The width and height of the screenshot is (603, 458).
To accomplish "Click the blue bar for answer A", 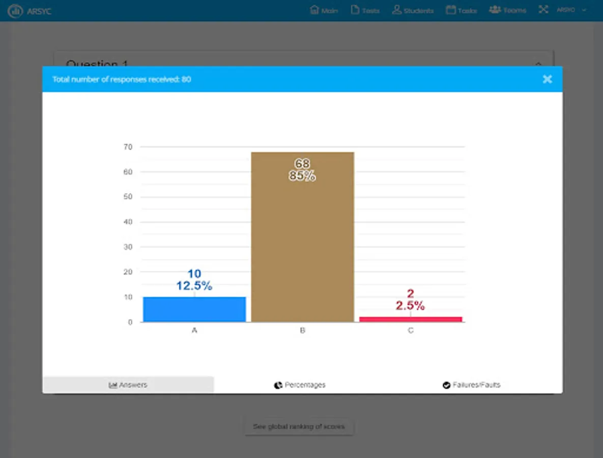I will (194, 309).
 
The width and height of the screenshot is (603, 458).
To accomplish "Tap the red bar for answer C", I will (411, 319).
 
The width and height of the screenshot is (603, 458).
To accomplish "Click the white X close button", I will (547, 79).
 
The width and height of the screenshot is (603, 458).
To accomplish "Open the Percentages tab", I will (300, 385).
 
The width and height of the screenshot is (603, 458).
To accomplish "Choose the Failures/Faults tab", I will (471, 385).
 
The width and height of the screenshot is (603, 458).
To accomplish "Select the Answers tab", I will (128, 385).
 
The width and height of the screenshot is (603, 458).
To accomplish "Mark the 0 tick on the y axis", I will (130, 322).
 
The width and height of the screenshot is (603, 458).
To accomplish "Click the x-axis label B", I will (302, 331).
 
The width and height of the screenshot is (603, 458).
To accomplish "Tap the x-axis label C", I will (411, 331).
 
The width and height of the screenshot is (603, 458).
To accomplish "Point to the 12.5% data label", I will (194, 286).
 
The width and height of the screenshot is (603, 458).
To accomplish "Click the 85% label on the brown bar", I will (302, 177).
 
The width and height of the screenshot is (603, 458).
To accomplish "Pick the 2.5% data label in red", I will (410, 305).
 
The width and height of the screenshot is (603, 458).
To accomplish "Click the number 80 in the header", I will (186, 79).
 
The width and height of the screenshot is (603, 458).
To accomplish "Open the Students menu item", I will (413, 10).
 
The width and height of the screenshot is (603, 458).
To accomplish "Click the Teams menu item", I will (507, 10).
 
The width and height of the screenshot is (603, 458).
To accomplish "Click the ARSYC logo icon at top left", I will (15, 11).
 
